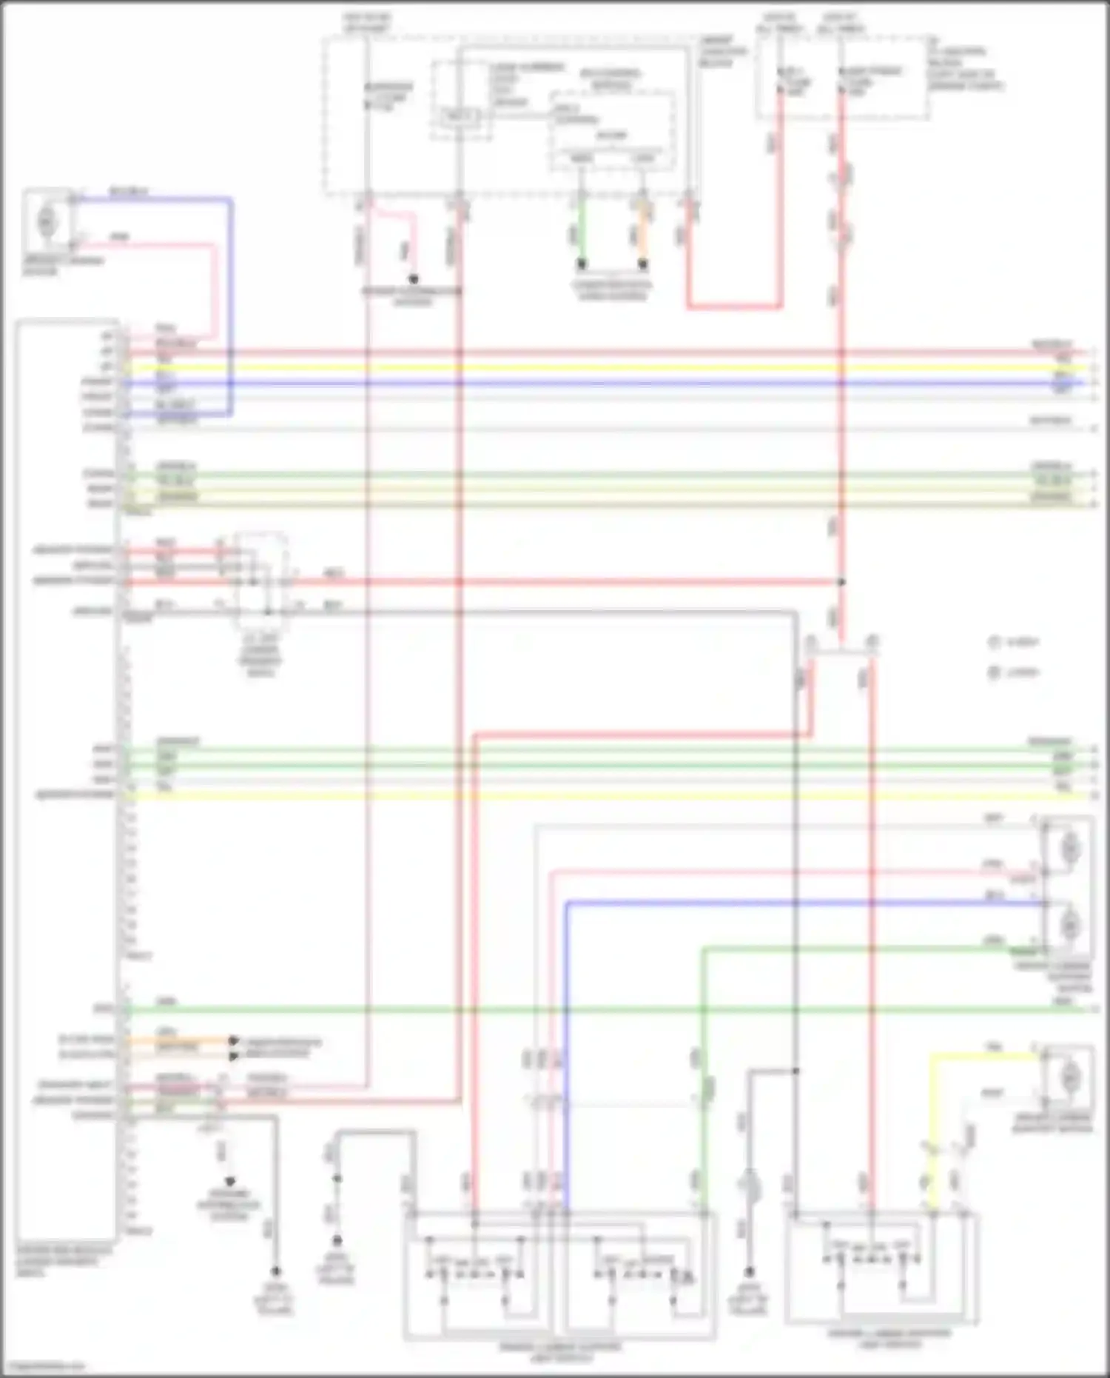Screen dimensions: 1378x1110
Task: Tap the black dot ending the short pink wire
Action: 414,279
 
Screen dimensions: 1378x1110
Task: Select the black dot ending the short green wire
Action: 582,264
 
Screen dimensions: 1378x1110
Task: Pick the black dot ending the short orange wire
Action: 643,264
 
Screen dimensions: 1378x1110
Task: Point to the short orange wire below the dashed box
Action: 643,230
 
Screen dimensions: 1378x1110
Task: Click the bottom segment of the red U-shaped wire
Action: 733,306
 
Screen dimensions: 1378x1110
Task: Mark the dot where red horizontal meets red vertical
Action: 841,582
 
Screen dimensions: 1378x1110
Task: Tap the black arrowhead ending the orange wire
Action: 234,1040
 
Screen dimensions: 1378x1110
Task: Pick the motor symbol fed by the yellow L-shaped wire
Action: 1069,1077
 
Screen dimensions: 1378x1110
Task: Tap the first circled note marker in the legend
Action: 995,642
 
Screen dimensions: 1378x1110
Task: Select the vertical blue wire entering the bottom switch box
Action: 566,1037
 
